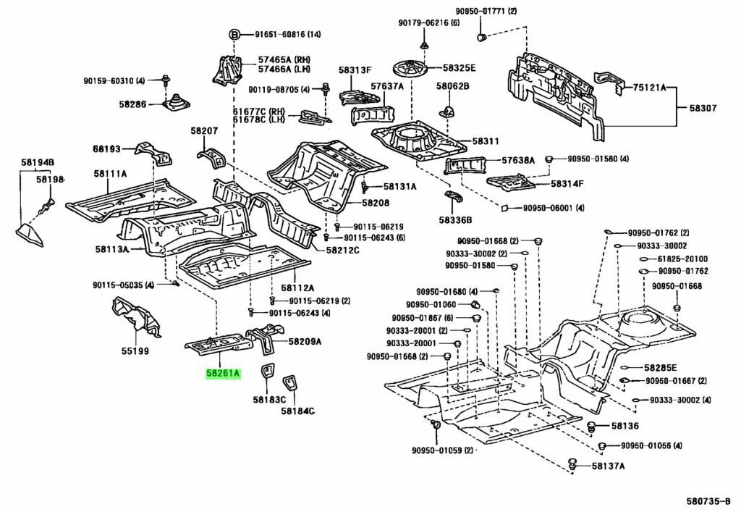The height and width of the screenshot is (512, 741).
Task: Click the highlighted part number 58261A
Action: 223,374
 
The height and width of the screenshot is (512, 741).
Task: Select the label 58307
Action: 702,108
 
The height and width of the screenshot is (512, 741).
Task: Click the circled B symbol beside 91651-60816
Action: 234,34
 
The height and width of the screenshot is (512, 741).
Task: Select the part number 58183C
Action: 269,399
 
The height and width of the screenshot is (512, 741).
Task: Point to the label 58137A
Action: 608,466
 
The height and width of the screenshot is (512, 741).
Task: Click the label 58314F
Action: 567,184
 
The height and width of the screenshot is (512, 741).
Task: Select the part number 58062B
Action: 452,87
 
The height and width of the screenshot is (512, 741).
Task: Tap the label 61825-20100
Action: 682,259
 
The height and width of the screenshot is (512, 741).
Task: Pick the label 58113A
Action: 111,250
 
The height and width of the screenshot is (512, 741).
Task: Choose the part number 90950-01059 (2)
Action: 442,450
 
